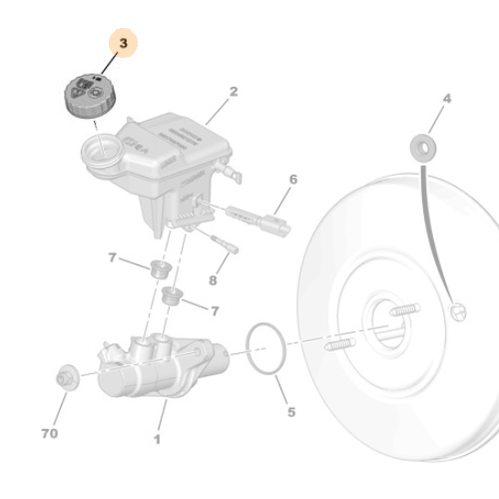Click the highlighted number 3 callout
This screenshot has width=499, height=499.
pos(123,44)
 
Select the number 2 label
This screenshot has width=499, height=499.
pos(234,92)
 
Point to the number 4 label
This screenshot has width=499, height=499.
pos(446,98)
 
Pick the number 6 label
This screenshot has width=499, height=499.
pos(292,180)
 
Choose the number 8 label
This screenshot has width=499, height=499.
pos(212,281)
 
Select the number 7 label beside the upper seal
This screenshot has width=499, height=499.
pos(113,258)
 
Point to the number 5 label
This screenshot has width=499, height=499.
pos(290,410)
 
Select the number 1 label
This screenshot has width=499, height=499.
pos(156,437)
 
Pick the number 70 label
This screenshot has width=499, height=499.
pos(50,434)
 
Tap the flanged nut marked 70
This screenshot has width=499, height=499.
pos(67,377)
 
